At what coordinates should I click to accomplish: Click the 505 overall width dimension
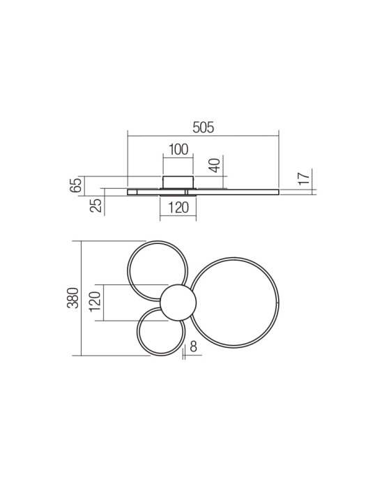(203, 128)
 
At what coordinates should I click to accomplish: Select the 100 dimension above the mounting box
(178, 149)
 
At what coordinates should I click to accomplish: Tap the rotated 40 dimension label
(215, 166)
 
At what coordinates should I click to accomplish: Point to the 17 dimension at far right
(303, 178)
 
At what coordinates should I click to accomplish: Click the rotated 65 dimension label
(77, 185)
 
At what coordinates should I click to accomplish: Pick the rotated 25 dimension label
(97, 204)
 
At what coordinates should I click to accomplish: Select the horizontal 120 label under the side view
(178, 208)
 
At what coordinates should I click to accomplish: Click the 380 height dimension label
(73, 298)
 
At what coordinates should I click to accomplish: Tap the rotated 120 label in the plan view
(96, 302)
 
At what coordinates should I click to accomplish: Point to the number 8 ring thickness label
(193, 346)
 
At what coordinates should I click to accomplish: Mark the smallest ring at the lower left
(139, 333)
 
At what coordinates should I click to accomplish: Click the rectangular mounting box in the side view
(178, 182)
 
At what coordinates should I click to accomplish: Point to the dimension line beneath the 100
(178, 158)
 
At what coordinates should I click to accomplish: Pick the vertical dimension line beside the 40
(224, 171)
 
